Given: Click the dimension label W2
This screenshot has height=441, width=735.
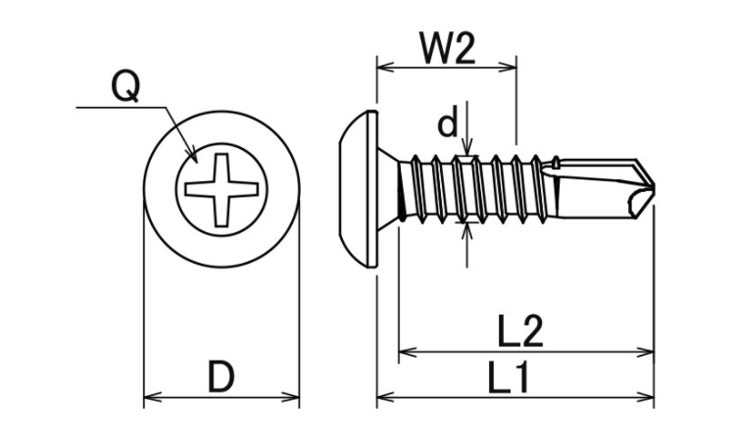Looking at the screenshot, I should (x=446, y=48).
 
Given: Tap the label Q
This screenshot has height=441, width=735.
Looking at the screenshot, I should (x=125, y=88).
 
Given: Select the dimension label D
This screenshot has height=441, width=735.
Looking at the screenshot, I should (x=221, y=376).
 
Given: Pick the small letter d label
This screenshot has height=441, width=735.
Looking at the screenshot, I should (x=447, y=124).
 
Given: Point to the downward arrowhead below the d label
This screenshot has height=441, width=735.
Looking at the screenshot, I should (x=467, y=148).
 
